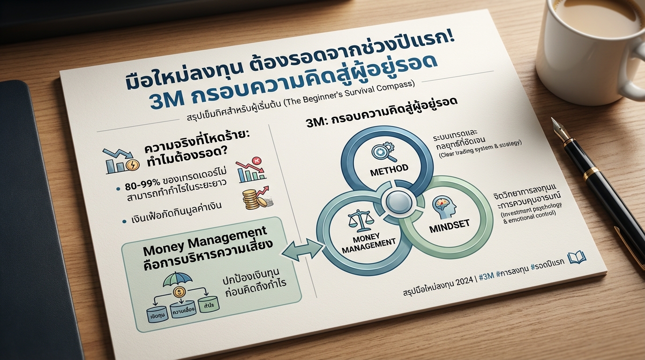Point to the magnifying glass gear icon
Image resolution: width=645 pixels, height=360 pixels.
[x=379, y=151]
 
